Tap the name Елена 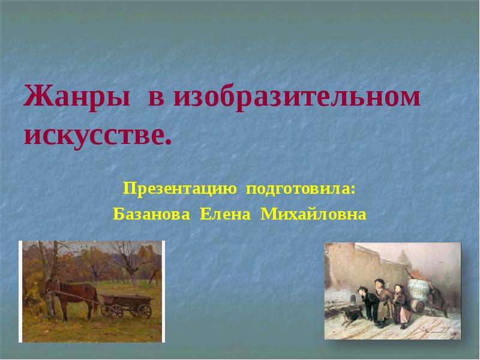click(225, 214)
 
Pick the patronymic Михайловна click(313, 214)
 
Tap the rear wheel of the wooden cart click(144, 311)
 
